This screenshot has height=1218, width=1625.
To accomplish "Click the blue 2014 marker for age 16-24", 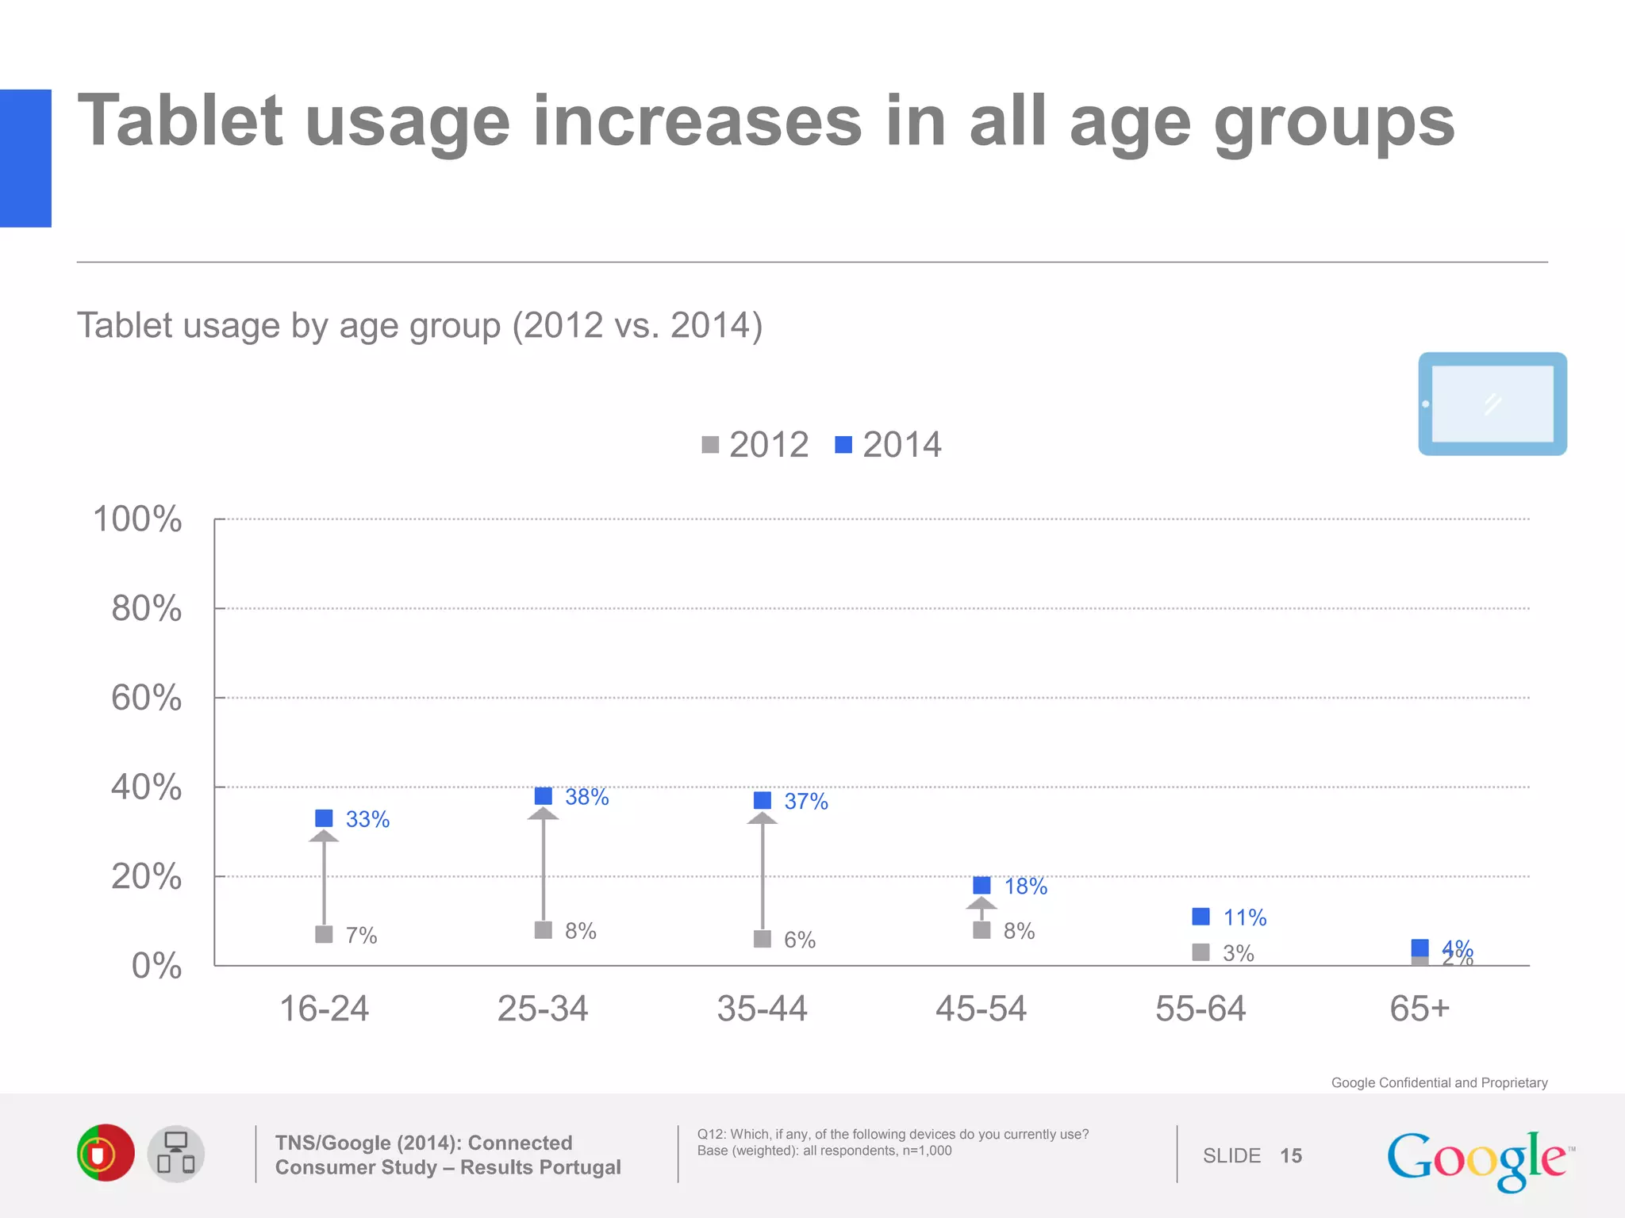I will tap(324, 818).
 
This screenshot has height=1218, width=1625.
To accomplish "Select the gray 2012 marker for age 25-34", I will tap(543, 929).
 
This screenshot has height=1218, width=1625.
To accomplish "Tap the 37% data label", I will tap(805, 801).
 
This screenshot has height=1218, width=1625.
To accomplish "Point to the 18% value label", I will tap(1025, 886).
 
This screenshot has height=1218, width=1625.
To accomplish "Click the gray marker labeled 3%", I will tap(1201, 952).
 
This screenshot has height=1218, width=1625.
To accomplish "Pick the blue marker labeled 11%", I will tap(1201, 917).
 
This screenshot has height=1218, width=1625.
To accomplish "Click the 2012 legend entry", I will tap(755, 445).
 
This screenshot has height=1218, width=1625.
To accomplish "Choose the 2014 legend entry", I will tap(889, 445).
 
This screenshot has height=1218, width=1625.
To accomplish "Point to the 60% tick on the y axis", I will tap(147, 698).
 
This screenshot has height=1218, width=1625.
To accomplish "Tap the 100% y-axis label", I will tap(137, 519).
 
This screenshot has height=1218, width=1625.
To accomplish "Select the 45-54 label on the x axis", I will tap(981, 1009).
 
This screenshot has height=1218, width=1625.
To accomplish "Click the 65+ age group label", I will tap(1419, 1009).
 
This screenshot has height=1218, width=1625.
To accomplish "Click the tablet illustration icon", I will tap(1492, 404).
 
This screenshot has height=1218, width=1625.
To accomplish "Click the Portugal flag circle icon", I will tap(106, 1153).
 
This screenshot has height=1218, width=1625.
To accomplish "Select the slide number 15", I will tap(1291, 1155).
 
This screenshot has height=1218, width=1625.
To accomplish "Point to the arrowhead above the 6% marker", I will tap(762, 819).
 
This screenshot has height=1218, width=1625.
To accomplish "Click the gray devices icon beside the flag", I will tap(176, 1154).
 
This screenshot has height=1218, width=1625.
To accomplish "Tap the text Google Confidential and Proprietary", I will tap(1439, 1082).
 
